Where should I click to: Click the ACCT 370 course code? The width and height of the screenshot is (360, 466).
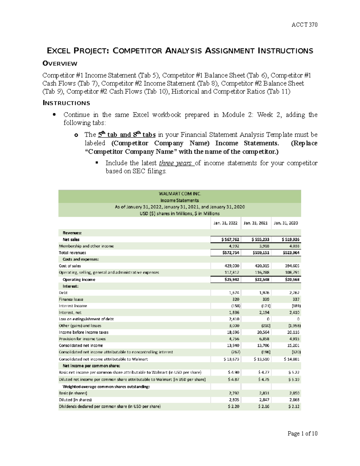click(x=304, y=25)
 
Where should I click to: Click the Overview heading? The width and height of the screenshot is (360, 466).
click(x=60, y=64)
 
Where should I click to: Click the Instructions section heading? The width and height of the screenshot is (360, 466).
click(x=66, y=103)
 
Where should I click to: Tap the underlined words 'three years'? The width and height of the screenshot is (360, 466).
click(x=175, y=163)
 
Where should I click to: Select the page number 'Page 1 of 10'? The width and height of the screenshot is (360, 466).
click(x=302, y=433)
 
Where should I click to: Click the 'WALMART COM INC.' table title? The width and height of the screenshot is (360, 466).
click(x=180, y=194)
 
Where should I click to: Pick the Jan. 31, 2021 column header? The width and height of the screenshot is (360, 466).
click(x=256, y=223)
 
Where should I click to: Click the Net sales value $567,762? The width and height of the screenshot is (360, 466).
click(x=230, y=239)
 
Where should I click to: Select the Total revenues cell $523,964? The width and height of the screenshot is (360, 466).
click(x=291, y=253)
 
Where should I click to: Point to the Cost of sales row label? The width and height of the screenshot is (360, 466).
click(x=70, y=266)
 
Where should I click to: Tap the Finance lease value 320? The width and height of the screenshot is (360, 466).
click(x=235, y=299)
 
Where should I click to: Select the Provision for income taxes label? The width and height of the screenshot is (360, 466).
click(x=82, y=339)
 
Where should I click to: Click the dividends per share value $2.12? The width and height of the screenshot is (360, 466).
click(x=294, y=406)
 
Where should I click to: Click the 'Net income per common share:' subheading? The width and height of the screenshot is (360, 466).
click(x=91, y=366)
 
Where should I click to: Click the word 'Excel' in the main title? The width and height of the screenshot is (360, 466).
click(x=58, y=51)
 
